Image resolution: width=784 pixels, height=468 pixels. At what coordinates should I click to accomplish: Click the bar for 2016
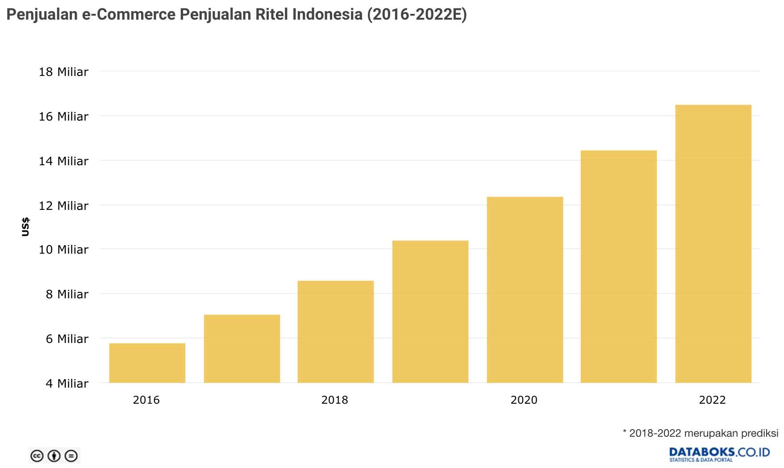147,363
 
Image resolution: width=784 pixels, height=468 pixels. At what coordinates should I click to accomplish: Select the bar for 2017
242,348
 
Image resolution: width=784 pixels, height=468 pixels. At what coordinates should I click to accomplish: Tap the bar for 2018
336,331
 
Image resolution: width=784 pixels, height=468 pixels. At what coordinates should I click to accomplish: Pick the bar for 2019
430,311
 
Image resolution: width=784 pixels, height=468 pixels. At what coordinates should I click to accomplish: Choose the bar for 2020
525,289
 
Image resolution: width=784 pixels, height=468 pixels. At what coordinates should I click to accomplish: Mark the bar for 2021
619,266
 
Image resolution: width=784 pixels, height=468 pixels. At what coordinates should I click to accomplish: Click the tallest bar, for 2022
713,243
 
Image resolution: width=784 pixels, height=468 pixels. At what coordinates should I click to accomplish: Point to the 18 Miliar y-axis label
64,72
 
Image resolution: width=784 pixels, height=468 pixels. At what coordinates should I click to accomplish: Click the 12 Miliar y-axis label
64,206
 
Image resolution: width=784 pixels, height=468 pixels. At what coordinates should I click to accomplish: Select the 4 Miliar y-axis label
67,384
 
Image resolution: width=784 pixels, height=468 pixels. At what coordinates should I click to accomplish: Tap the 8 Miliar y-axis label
67,294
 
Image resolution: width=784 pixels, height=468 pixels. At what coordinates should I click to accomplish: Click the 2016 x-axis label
146,400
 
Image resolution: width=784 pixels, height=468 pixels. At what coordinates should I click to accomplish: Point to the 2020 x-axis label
524,400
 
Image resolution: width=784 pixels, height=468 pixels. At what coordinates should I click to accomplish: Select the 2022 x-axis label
713,400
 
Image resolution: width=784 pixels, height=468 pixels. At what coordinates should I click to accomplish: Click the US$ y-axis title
25,227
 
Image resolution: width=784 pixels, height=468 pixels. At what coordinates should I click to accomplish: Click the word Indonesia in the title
327,14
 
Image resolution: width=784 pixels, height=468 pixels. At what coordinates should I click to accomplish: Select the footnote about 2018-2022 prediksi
701,433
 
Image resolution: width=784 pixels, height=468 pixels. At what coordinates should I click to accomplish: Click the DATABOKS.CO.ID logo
720,454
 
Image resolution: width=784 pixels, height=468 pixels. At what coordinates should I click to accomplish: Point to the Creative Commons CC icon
37,456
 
